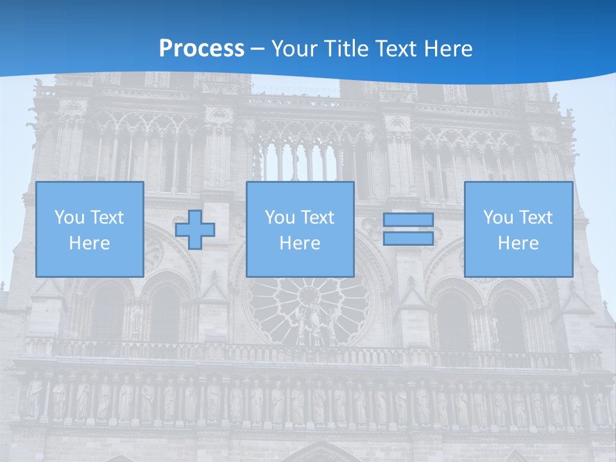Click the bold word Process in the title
coord(201,49)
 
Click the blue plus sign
coord(195,230)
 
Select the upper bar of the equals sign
coord(408,219)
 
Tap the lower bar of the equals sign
coord(408,239)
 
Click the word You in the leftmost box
coord(69,218)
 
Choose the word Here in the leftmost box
coord(89,243)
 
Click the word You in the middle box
coord(279,218)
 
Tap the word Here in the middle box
coord(300,243)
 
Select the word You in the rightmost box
coord(497,218)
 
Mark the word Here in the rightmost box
coord(518,243)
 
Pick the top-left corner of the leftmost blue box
coord(37,182)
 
